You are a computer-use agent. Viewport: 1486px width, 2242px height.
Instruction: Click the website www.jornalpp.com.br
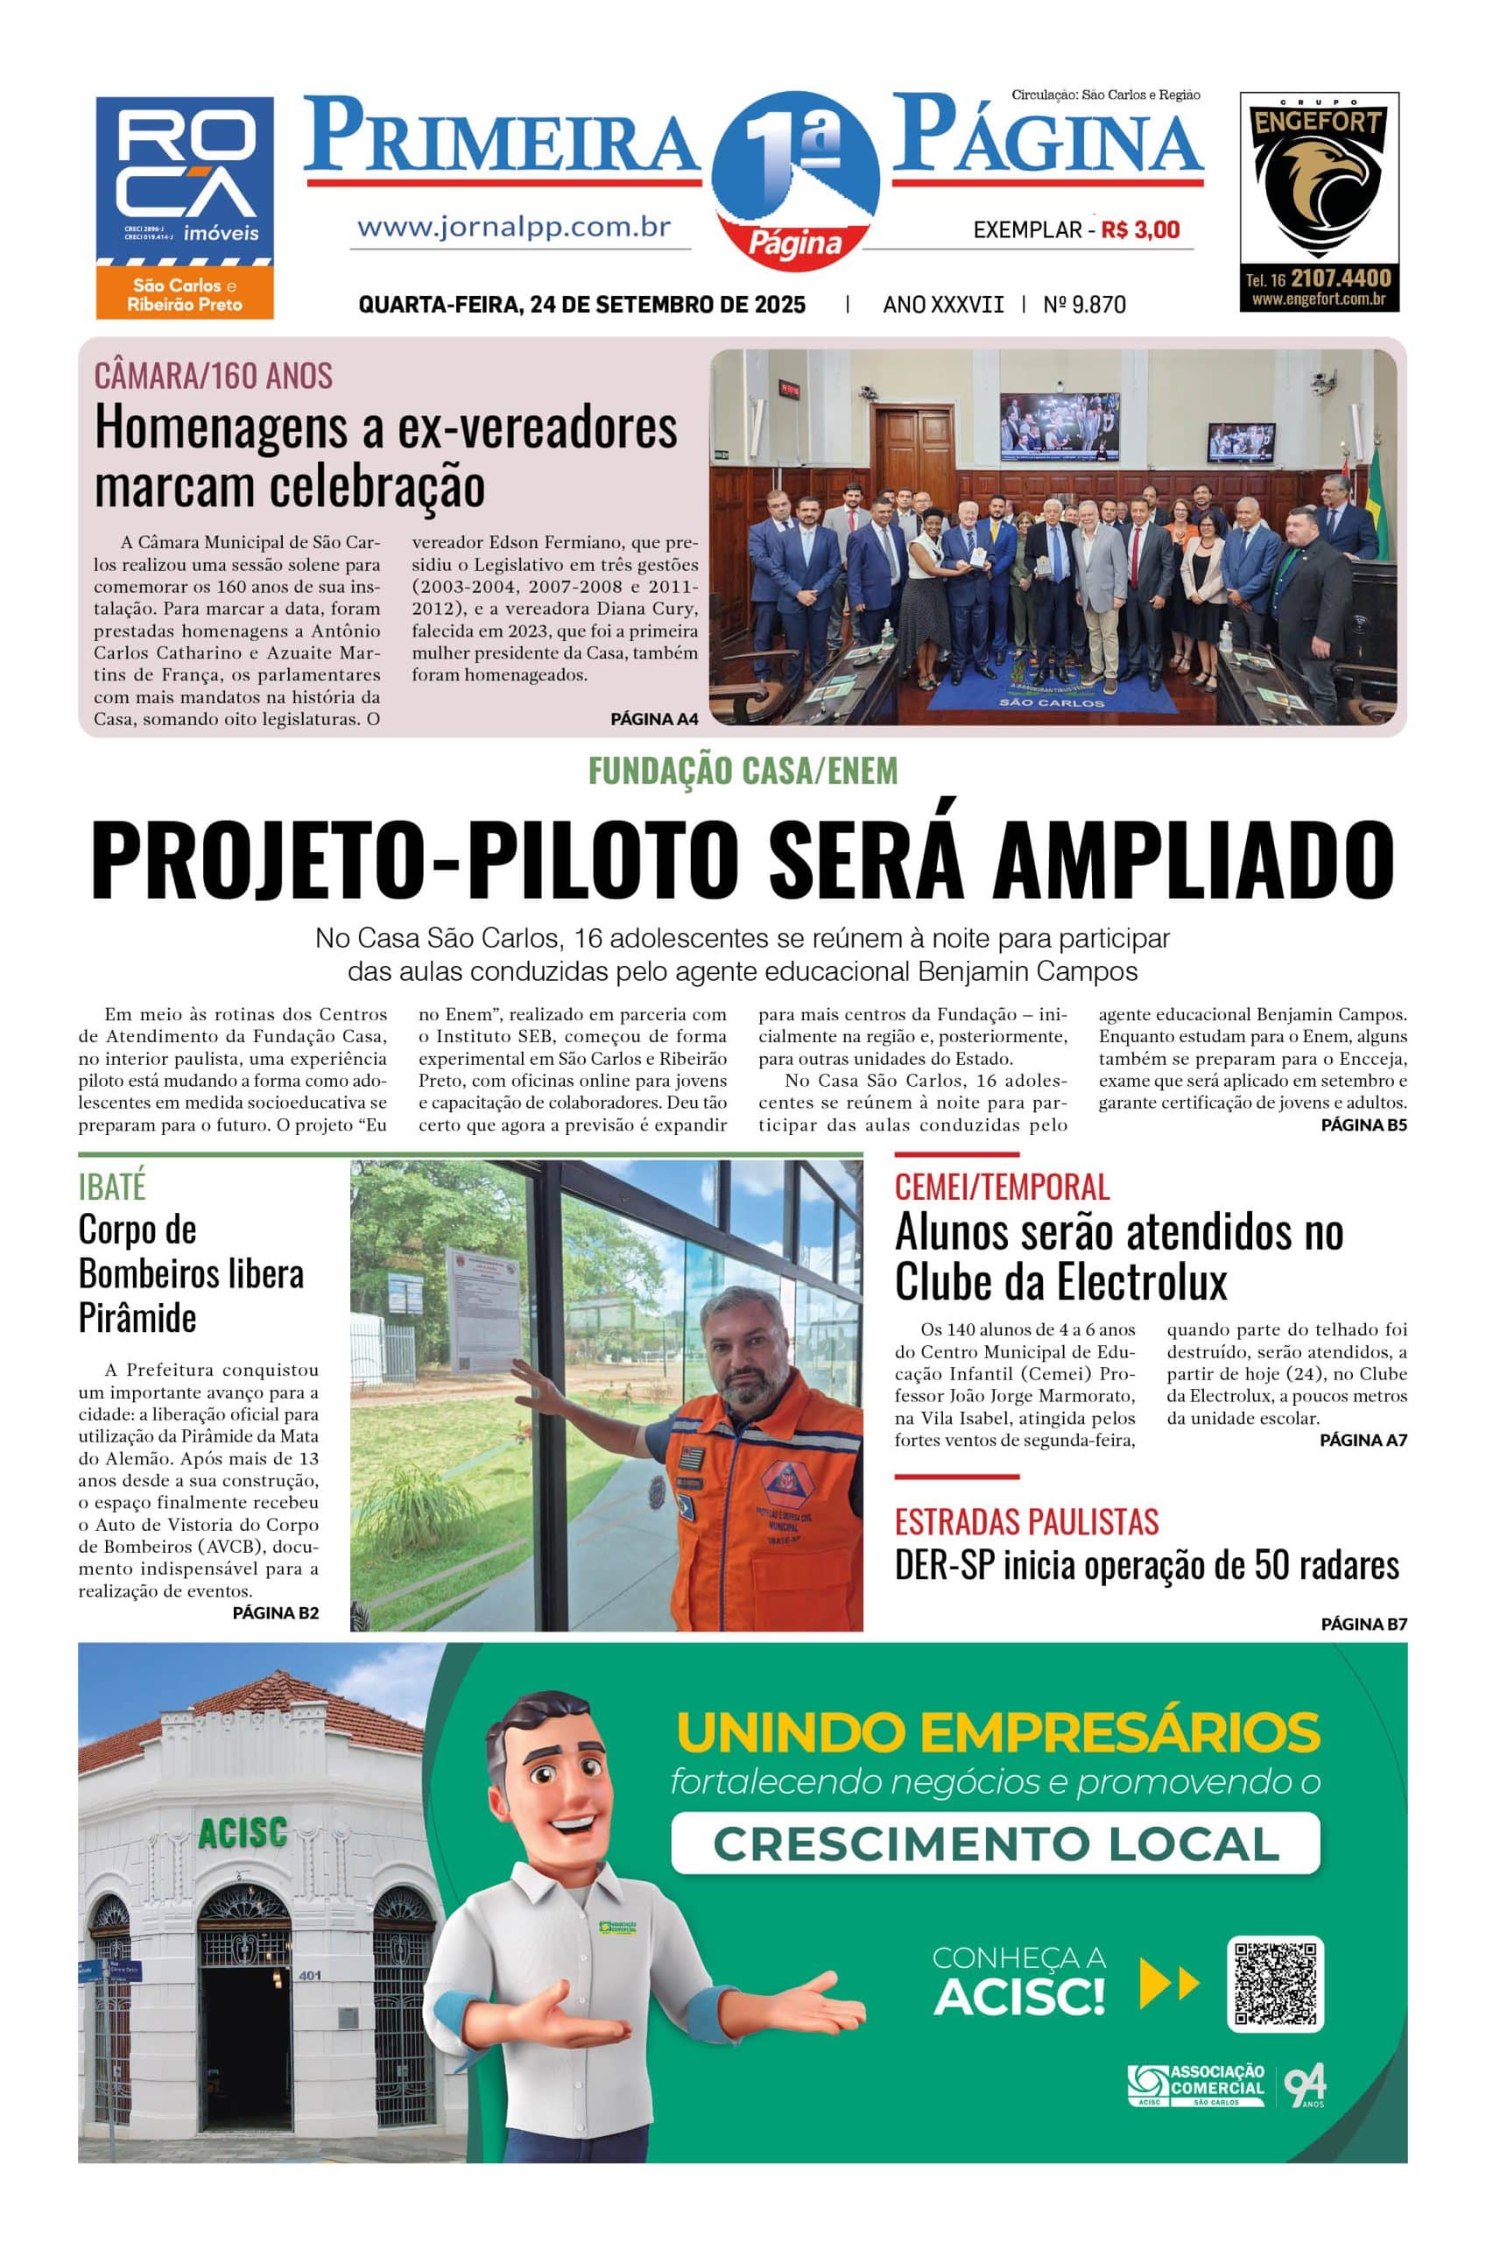coord(514,228)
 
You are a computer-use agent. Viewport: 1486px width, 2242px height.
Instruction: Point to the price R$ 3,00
coord(1140,229)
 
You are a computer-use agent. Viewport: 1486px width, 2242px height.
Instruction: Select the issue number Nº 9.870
coord(1084,304)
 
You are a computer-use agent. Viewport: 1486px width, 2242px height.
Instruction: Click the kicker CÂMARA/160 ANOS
coord(214,377)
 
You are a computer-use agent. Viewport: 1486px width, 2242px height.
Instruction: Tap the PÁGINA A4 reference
coord(654,718)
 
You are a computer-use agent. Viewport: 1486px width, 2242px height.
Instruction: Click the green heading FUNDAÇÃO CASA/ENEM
coord(742,771)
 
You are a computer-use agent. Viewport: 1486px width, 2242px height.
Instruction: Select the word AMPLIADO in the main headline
coord(1194,858)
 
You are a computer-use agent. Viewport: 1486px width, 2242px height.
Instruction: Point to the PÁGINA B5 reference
coord(1363,1125)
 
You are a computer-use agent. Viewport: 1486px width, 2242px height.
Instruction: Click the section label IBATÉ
coord(112,1187)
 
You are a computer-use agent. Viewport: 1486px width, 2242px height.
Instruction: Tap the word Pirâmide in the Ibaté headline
coord(137,1317)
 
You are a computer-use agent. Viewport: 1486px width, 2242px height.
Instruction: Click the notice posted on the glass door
coord(482,1309)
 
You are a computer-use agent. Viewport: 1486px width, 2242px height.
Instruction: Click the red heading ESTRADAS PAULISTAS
coord(1026,1522)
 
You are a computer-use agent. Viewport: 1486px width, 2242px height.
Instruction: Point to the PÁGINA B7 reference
coord(1363,1625)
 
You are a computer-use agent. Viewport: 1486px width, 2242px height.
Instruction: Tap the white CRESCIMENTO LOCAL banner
coord(995,1843)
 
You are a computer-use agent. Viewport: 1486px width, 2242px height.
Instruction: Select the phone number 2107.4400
coord(1340,278)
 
